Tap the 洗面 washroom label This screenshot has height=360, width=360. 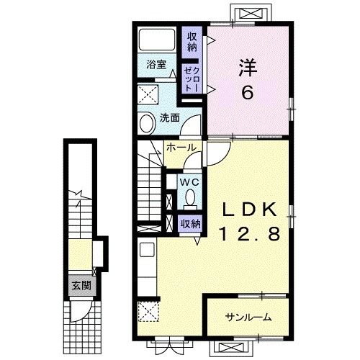tap(169, 117)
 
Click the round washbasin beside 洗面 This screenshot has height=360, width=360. tap(146, 123)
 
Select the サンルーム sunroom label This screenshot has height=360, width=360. tap(247, 317)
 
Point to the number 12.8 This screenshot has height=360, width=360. tap(249, 234)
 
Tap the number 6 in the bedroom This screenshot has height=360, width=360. tap(248, 93)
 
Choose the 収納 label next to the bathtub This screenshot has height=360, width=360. tap(192, 42)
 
